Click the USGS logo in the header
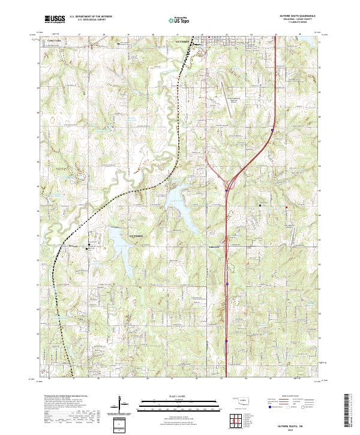coord(55,20)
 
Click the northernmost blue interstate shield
coord(272,129)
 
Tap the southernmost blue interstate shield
coord(227,341)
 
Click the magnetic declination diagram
coord(122,404)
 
